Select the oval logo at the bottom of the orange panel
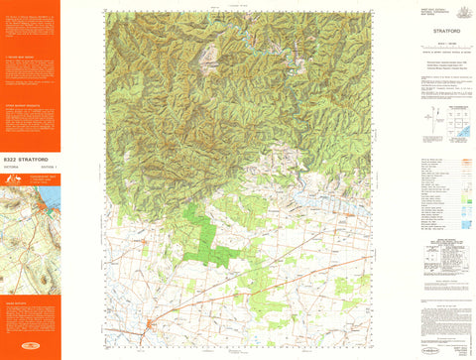[x=30, y=348]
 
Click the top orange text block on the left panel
[x=30, y=25]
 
